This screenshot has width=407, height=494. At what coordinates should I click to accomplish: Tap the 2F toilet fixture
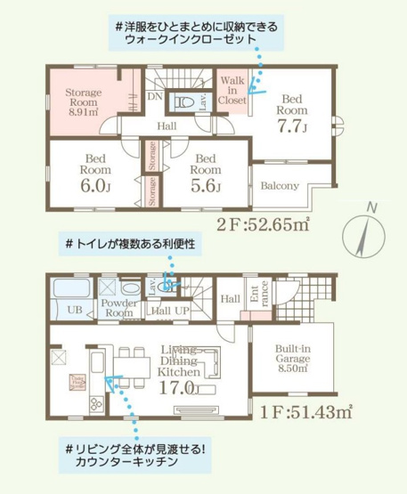point(187,101)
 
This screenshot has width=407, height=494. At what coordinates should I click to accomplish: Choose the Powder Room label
point(118,307)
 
